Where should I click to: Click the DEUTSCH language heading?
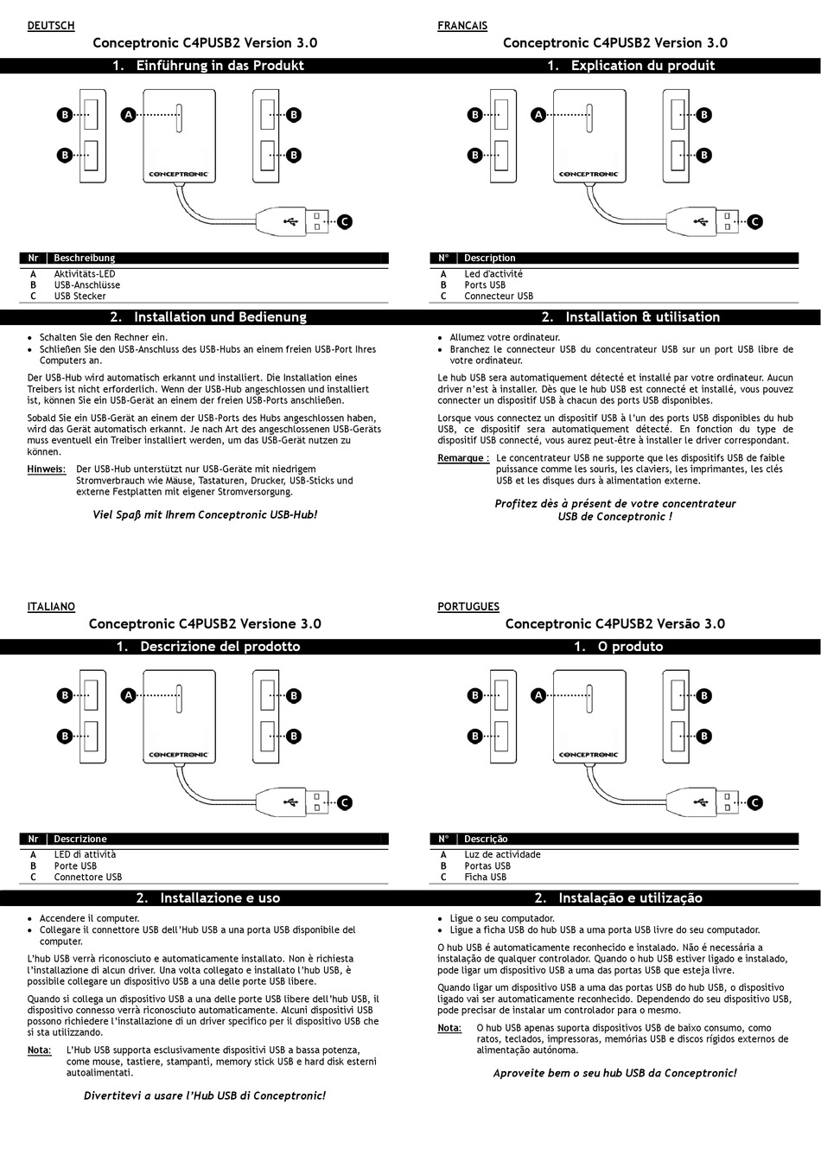[51, 26]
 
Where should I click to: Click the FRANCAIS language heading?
[462, 26]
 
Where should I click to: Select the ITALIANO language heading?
[51, 607]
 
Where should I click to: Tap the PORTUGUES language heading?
[468, 607]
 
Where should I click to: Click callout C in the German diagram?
[344, 222]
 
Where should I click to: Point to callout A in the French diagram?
[538, 114]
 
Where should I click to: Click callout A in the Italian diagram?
[128, 695]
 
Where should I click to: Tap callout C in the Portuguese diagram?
[754, 803]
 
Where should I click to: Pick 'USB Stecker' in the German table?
[80, 296]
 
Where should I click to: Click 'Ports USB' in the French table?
[484, 284]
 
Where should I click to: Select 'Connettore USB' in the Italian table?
[87, 877]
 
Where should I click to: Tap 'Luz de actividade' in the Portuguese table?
[502, 854]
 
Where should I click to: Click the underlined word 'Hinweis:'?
[47, 469]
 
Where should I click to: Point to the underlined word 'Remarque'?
[461, 458]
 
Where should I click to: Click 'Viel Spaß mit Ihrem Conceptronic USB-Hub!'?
[205, 514]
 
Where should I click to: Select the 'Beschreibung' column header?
[84, 258]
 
